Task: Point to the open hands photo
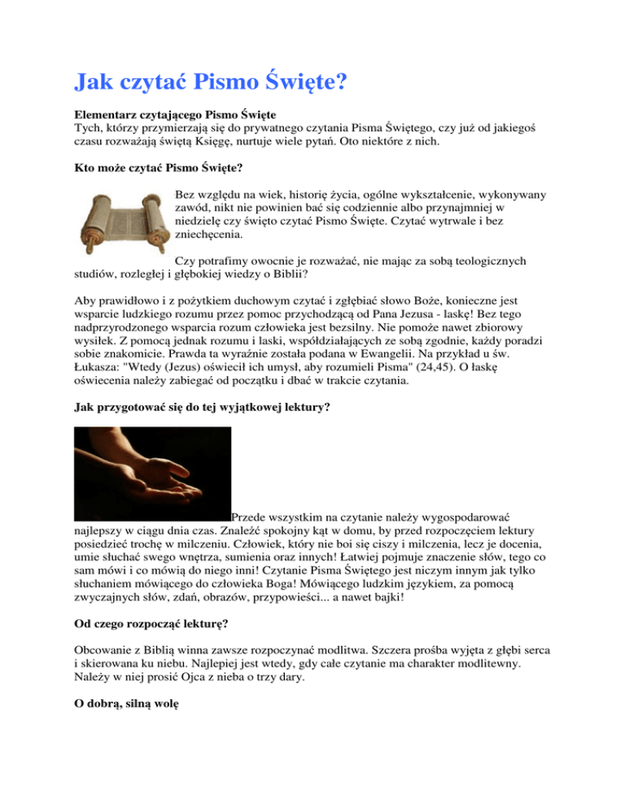click(x=151, y=474)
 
